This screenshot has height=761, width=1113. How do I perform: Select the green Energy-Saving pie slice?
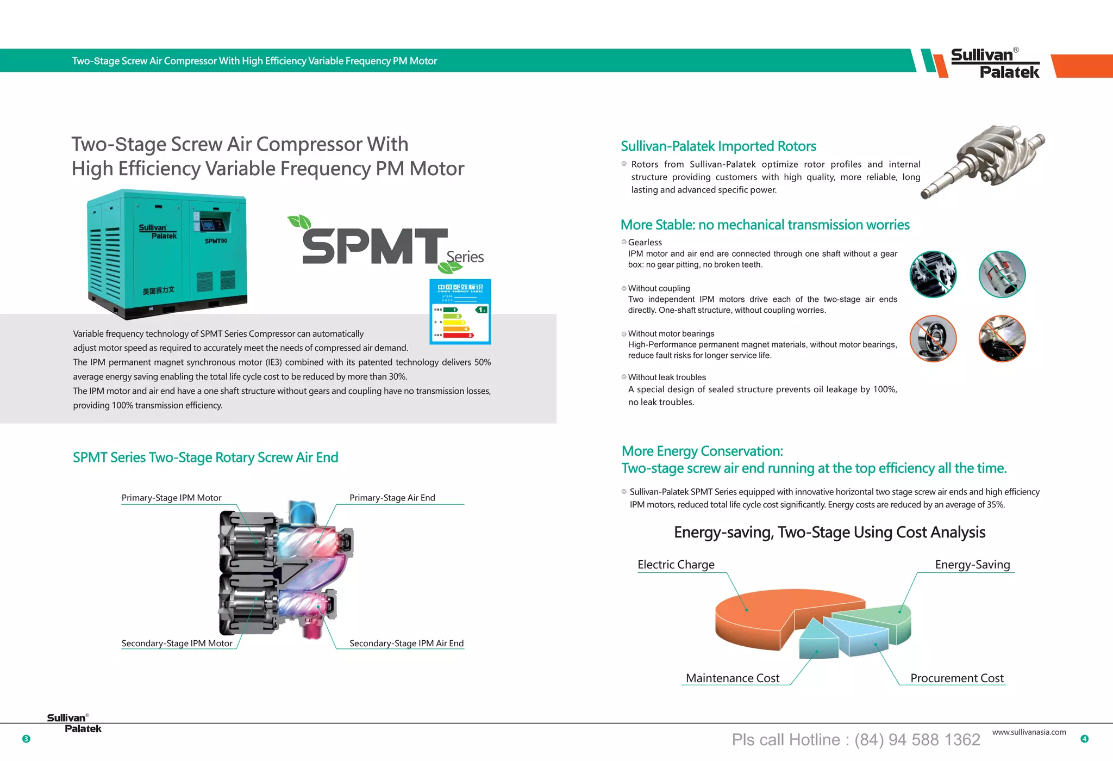point(880,617)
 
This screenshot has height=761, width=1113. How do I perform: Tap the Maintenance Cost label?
point(732,678)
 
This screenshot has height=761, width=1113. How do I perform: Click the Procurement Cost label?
point(956,678)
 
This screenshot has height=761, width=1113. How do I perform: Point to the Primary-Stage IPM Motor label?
point(171,498)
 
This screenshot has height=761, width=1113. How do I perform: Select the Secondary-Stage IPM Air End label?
point(406,643)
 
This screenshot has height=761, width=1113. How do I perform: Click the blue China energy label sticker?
point(460,311)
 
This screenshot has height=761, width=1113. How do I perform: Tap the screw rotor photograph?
point(984,160)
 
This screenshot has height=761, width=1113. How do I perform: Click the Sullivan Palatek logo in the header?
point(995,63)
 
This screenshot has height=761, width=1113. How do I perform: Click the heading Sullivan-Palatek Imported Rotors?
point(718,146)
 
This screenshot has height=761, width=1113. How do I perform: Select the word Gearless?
point(645,242)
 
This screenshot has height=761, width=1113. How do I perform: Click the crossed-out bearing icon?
point(933,338)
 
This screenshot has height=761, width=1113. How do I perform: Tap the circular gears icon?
point(933,274)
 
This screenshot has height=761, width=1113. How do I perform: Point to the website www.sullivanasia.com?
point(1029,732)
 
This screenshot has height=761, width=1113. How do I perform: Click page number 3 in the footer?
point(26,739)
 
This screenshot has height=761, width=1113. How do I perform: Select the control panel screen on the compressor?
point(209,224)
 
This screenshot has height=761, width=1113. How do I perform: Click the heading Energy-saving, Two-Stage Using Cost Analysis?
point(829,532)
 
